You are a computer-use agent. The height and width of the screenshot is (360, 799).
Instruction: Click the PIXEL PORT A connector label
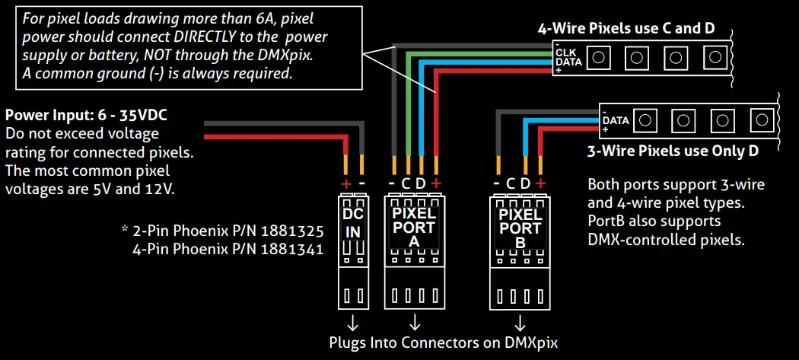413,226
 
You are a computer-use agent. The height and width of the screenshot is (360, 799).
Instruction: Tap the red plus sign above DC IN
346,183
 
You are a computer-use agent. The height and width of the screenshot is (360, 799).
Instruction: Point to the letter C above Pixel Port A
406,183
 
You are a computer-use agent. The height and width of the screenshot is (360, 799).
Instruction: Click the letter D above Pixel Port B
526,183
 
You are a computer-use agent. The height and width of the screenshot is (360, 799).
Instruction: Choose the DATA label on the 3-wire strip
616,120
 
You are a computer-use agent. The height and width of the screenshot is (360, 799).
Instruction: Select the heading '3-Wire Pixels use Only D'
673,151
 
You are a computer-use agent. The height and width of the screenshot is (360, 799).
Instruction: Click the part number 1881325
290,230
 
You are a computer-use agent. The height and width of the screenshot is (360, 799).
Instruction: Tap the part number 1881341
290,247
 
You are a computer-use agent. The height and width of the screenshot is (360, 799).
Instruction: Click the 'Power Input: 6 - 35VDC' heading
86,116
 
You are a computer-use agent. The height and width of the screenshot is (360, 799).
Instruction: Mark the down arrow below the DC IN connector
352,319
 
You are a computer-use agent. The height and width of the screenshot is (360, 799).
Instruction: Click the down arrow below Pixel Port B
520,319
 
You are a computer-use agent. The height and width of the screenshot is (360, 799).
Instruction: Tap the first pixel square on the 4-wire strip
600,56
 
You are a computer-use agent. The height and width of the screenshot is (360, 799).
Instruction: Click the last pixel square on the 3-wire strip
759,119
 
